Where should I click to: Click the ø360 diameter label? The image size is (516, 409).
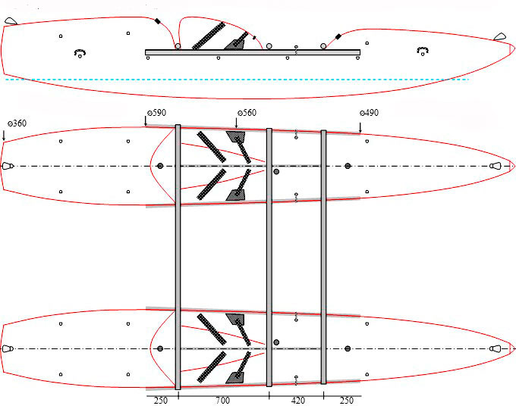pos(17,123)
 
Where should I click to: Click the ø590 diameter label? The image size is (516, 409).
pos(156,113)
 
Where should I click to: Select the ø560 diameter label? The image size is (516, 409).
pos(247,113)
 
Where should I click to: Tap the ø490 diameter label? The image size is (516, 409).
pos(369,113)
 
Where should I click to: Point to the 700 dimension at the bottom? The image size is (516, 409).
pos(223,401)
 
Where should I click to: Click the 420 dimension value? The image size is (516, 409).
pos(297,401)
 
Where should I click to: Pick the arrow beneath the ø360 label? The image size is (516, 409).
pos(4,136)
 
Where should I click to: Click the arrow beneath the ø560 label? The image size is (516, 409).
pos(236,123)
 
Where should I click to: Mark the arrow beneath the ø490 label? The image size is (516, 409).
pos(360,127)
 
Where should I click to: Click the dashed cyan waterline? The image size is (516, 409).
pos(237,80)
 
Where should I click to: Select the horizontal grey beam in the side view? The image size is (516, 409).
pos(253,52)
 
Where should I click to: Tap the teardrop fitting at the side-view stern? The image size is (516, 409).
pos(11,21)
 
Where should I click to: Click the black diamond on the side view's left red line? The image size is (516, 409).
pos(157,21)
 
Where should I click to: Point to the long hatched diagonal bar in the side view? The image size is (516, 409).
pos(209,36)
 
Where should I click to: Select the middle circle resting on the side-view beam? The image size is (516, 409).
pos(269,46)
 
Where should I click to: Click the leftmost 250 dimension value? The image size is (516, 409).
pos(161,401)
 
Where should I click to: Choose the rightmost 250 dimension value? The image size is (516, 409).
pos(346,401)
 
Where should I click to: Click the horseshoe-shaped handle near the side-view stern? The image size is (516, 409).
pos(80,53)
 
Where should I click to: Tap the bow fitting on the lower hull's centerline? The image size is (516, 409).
pos(496,348)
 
